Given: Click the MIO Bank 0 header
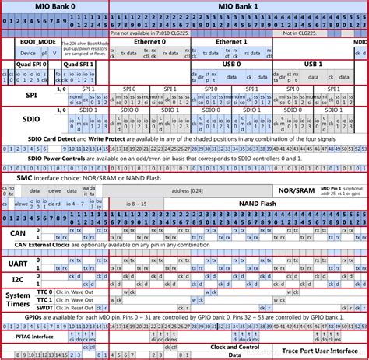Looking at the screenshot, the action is (x=54, y=6).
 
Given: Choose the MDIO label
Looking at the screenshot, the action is (x=360, y=42).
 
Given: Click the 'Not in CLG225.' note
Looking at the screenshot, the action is (x=296, y=33).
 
